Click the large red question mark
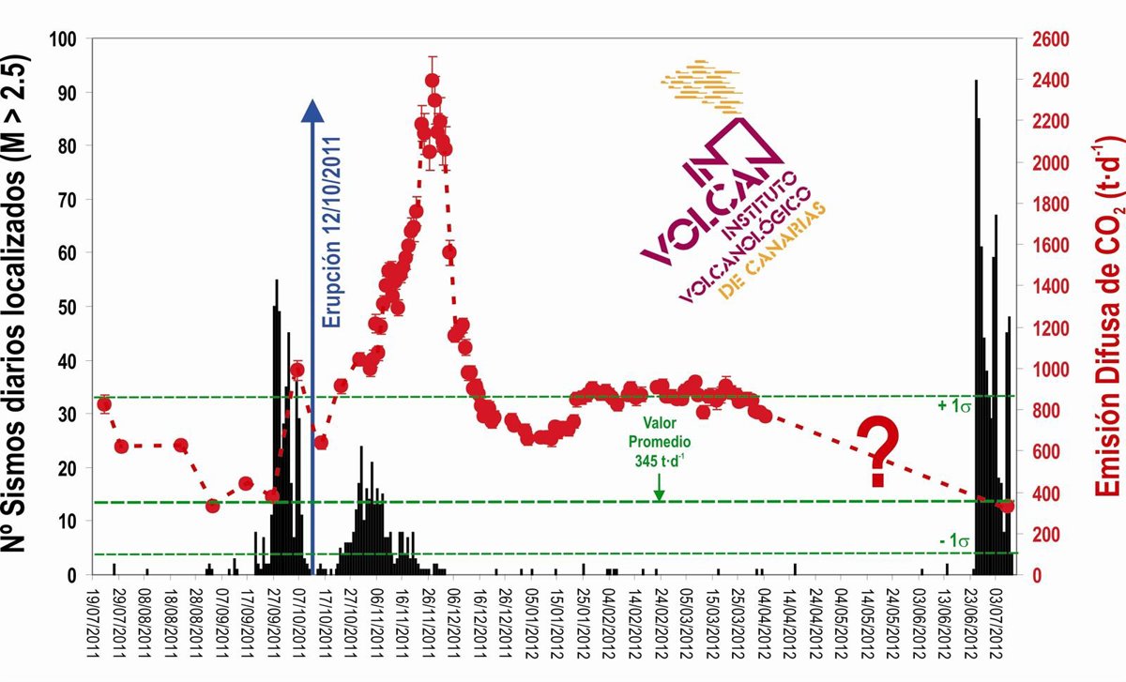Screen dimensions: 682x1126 878,453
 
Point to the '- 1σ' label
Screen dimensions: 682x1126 952,540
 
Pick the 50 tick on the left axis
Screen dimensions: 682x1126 78,307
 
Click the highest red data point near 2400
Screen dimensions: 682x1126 432,81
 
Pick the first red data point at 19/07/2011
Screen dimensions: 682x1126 104,404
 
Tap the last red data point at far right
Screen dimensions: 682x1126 1006,506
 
